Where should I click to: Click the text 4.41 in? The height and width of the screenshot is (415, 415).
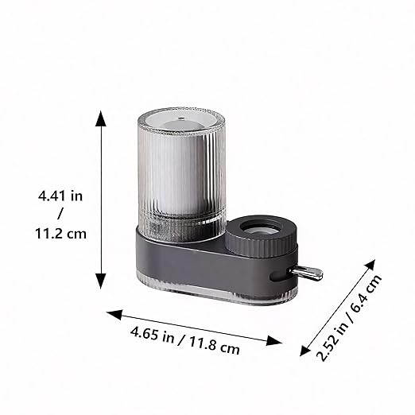click(x=61, y=194)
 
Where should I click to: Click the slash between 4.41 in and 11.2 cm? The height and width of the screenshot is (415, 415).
click(x=61, y=214)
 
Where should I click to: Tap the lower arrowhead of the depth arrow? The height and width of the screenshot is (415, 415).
click(x=304, y=350)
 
